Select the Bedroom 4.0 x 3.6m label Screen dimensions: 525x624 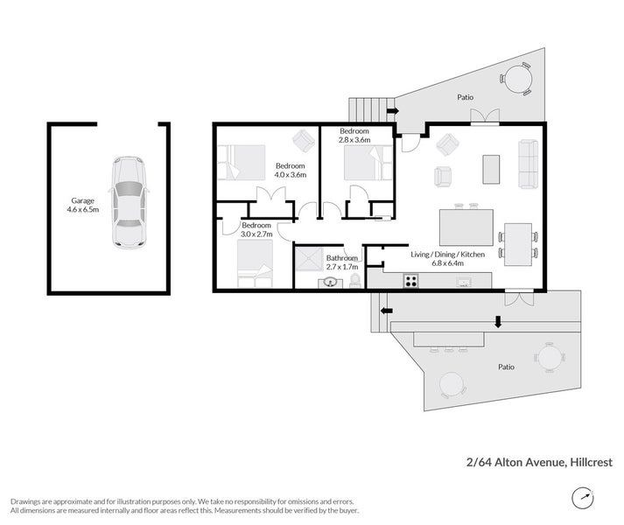[x=291, y=171]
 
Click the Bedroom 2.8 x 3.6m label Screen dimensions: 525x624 [x=355, y=135]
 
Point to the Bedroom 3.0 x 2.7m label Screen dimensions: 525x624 [x=256, y=230]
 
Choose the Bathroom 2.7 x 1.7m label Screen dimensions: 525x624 [x=341, y=262]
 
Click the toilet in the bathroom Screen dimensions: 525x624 [x=354, y=280]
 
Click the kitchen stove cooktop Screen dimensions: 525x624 [x=410, y=281]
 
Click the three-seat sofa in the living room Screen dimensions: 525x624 [x=529, y=164]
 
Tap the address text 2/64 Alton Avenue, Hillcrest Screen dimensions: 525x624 [x=538, y=462]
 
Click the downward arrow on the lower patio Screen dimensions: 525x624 [x=498, y=322]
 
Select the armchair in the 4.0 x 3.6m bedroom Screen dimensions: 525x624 [x=303, y=141]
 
